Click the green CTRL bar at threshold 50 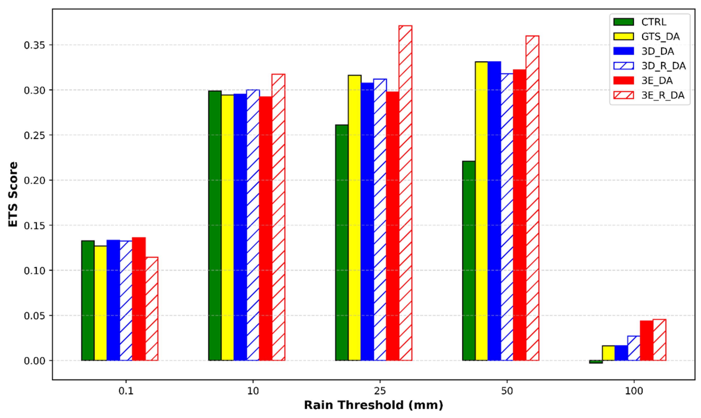coord(469,260)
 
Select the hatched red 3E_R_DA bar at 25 coord(405,193)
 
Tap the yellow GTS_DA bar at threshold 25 coord(355,217)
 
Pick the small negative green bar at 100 coord(596,362)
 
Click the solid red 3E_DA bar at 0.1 coord(139,299)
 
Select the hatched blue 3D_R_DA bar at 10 coord(253,225)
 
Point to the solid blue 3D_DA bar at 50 coord(494,211)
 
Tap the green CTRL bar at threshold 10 coord(215,225)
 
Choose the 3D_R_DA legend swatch coord(623,66)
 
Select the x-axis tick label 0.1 coord(126,391)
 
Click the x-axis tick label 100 coord(634,391)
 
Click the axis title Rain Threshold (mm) coord(373,405)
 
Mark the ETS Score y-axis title coord(13,194)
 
